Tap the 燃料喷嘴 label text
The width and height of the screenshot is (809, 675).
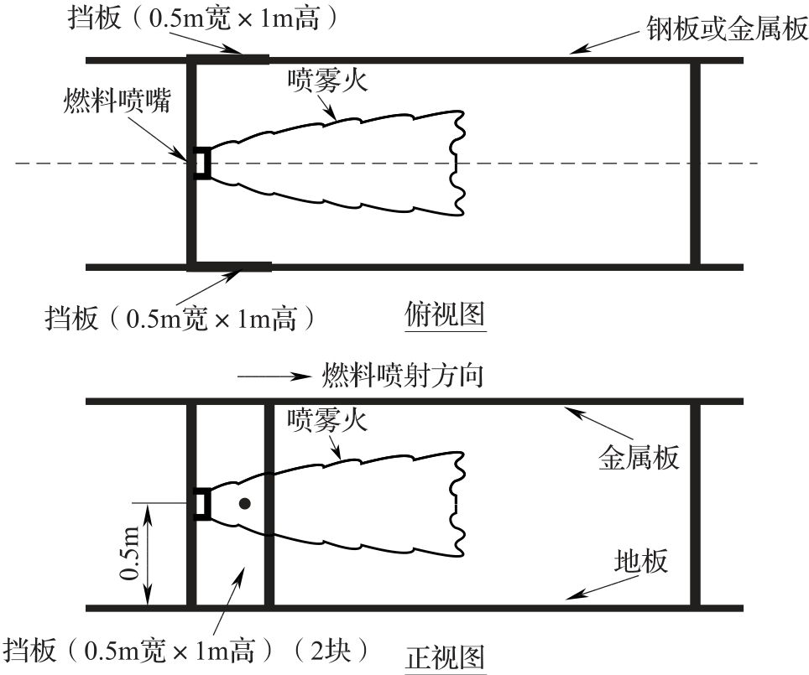(117, 101)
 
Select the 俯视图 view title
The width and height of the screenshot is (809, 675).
(444, 315)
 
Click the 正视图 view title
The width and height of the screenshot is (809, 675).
(445, 657)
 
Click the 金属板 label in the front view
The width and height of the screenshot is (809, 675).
(638, 457)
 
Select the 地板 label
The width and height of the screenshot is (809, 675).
(641, 560)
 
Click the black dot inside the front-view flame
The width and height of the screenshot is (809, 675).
(244, 503)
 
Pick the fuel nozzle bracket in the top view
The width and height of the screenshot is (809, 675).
(201, 163)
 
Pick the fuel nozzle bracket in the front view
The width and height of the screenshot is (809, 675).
(201, 503)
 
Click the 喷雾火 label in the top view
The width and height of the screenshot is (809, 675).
(327, 80)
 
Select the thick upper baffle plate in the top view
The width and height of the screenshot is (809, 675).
(228, 59)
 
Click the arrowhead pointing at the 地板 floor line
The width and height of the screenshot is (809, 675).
(572, 596)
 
